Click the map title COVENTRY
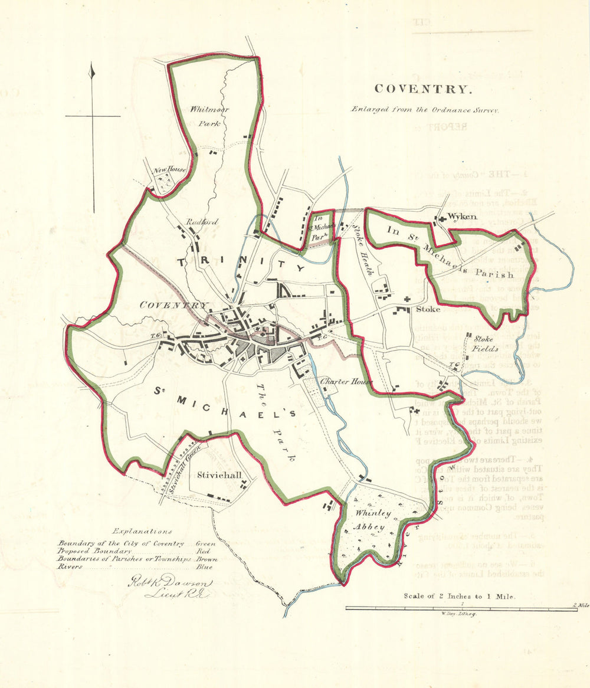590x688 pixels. click(423, 89)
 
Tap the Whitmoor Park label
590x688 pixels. click(209, 116)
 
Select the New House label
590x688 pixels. click(170, 171)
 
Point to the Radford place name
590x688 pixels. click(202, 222)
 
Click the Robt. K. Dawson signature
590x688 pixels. click(171, 587)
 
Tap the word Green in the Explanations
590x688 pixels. click(206, 543)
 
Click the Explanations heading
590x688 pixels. click(142, 531)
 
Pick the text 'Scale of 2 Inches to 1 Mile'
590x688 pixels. click(460, 596)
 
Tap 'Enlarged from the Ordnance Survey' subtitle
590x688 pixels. click(425, 109)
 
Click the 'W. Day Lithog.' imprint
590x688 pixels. click(458, 614)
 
